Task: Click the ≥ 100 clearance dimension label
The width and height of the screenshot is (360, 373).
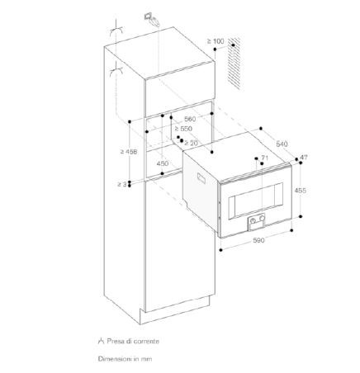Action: click(x=216, y=41)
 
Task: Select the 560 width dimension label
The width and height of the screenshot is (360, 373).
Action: click(x=190, y=119)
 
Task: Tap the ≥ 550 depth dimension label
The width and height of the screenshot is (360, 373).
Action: click(x=183, y=129)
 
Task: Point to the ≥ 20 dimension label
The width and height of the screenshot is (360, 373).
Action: click(x=191, y=143)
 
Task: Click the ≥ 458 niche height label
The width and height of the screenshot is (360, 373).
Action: click(x=129, y=152)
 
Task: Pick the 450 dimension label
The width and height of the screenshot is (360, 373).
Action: click(x=163, y=163)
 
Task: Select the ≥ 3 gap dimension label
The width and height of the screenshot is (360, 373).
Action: click(x=122, y=184)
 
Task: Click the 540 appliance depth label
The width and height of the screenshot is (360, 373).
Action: click(x=282, y=144)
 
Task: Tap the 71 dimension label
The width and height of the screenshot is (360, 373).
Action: click(x=264, y=158)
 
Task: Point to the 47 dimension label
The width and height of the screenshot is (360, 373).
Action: click(x=303, y=158)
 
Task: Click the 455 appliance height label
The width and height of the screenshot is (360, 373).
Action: click(x=300, y=190)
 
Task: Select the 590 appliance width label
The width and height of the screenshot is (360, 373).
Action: click(x=258, y=240)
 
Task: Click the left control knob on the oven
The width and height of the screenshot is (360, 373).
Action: click(x=253, y=220)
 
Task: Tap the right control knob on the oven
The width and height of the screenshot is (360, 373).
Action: click(x=262, y=218)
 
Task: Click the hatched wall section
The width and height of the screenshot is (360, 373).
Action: click(x=234, y=64)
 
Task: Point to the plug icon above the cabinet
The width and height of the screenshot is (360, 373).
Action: click(x=152, y=20)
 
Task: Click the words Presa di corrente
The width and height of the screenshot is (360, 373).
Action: click(x=133, y=342)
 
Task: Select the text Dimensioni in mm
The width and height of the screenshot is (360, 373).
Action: click(x=125, y=359)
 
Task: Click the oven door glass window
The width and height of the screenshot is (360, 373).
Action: click(x=255, y=201)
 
